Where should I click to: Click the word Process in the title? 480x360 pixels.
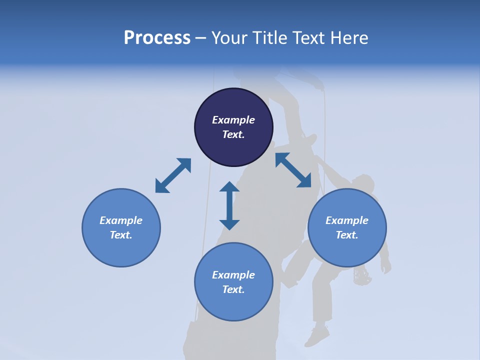point(157,38)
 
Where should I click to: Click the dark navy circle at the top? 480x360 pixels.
point(233,127)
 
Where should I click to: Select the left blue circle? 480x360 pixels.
point(121,227)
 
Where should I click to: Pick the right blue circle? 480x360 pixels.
point(347,227)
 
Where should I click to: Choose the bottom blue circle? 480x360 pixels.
point(233,282)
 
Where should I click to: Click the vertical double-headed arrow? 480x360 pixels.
point(229,205)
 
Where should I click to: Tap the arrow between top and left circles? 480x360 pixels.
point(173,175)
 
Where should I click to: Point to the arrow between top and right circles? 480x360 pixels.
point(293,170)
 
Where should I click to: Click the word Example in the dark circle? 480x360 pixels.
point(233,120)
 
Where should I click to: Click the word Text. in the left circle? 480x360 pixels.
point(121,235)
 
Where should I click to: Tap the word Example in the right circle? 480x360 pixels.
point(347,220)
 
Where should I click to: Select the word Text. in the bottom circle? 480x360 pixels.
point(233,289)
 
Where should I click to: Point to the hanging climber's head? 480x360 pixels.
point(365,182)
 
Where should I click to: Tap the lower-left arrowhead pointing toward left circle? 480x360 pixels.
point(161,186)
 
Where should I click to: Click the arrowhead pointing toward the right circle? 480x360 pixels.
point(305,181)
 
